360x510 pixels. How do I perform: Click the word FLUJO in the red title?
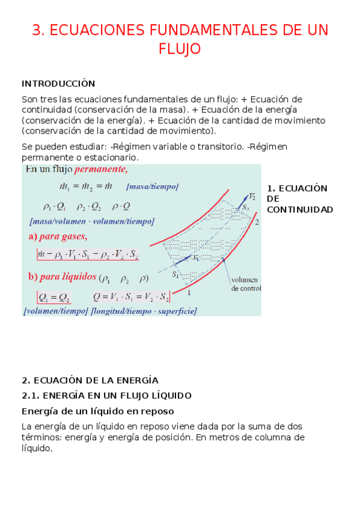(179, 49)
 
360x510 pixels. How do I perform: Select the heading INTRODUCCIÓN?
(58, 84)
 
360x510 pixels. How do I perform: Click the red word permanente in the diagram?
(101, 170)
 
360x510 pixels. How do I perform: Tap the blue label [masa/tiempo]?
(153, 187)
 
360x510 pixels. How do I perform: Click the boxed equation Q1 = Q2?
(53, 297)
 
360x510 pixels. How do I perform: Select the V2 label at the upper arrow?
(252, 197)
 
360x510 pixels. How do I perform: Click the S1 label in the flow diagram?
(176, 275)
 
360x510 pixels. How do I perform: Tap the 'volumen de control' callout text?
(245, 283)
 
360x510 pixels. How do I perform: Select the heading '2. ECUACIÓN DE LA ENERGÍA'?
(90, 380)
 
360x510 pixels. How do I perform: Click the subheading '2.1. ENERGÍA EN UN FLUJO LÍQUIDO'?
(106, 396)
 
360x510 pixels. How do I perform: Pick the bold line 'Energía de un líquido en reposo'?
(97, 411)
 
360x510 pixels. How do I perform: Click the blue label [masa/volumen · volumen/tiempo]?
(87, 221)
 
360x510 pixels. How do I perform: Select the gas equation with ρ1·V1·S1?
(87, 256)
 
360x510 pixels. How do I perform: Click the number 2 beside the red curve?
(257, 222)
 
